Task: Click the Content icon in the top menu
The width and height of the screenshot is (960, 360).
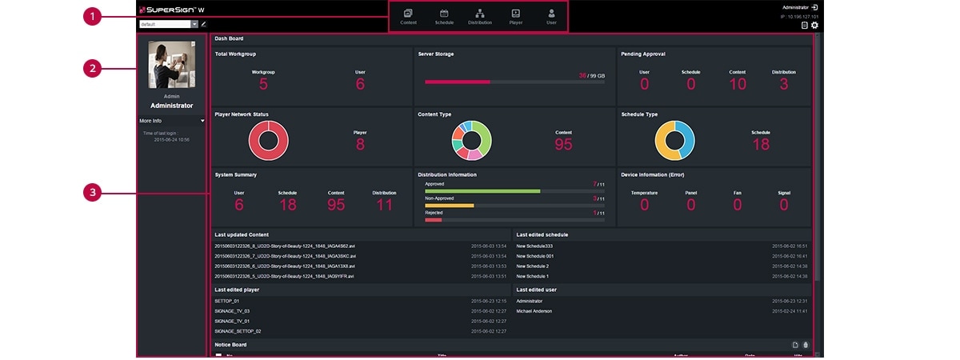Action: click(x=408, y=14)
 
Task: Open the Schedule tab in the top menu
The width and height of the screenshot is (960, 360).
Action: click(x=444, y=14)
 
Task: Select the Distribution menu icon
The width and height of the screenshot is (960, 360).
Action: click(x=480, y=14)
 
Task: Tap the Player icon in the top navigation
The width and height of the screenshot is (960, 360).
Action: click(x=516, y=14)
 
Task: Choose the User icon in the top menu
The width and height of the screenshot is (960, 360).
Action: click(x=551, y=14)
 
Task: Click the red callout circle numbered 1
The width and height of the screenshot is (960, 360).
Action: click(x=94, y=16)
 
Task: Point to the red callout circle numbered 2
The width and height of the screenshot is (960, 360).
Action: click(x=94, y=69)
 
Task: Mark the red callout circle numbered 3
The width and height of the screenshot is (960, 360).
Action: click(x=94, y=193)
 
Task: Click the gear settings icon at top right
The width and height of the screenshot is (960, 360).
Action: click(x=814, y=26)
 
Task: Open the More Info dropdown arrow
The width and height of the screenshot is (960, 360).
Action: click(x=202, y=121)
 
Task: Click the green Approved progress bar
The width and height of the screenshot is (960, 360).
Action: click(x=482, y=191)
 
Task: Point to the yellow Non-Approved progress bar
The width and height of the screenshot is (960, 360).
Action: click(x=450, y=206)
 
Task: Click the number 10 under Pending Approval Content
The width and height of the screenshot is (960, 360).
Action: click(x=738, y=84)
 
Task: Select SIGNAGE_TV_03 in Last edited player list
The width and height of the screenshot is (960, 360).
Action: click(x=232, y=310)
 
